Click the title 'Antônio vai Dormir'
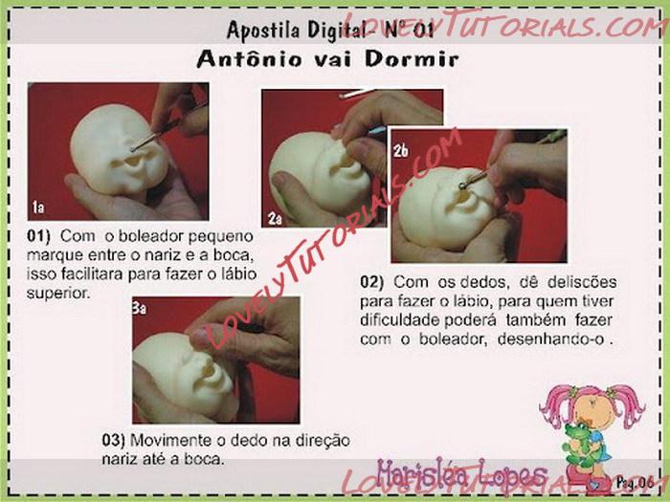327,59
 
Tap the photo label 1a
38,207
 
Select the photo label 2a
275,219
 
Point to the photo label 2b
401,151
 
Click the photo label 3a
140,308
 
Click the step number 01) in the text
38,236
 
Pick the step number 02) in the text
371,282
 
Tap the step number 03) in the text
114,440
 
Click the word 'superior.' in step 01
58,295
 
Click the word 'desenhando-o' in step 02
551,339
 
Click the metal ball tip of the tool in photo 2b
462,186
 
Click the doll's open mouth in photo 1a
133,161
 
